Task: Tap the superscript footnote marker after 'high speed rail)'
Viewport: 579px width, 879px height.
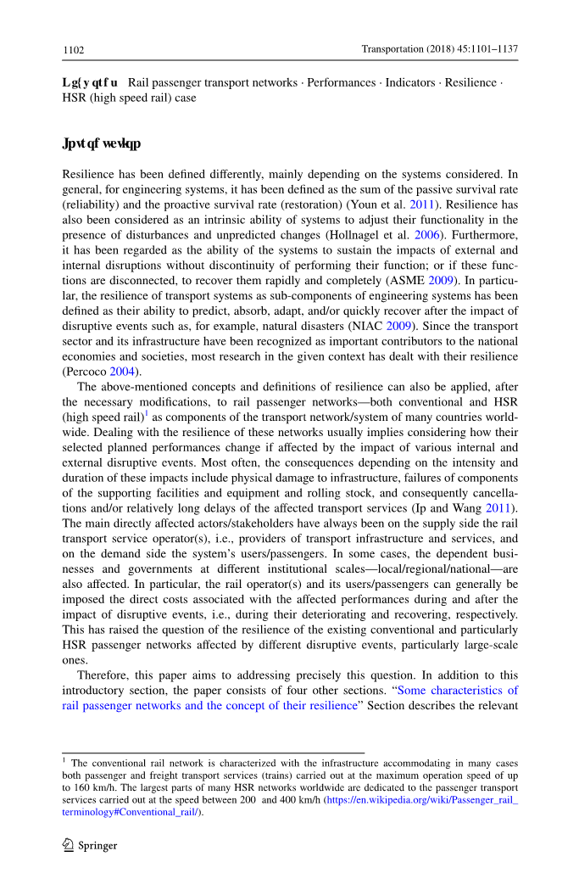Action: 146,413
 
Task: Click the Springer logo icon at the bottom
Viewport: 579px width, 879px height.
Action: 69,845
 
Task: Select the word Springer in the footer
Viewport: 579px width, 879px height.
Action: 97,846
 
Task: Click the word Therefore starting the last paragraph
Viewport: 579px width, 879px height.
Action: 103,675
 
